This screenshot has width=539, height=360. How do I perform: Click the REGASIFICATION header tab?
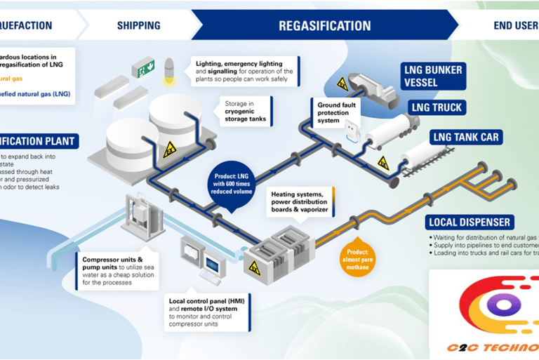[x=324, y=26]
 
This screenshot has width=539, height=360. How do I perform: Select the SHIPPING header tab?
[x=138, y=26]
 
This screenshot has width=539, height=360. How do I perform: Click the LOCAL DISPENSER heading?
[x=469, y=223]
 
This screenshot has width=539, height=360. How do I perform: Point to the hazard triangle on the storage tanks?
[x=169, y=149]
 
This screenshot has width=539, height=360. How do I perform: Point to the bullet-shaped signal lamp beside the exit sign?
[x=168, y=69]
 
